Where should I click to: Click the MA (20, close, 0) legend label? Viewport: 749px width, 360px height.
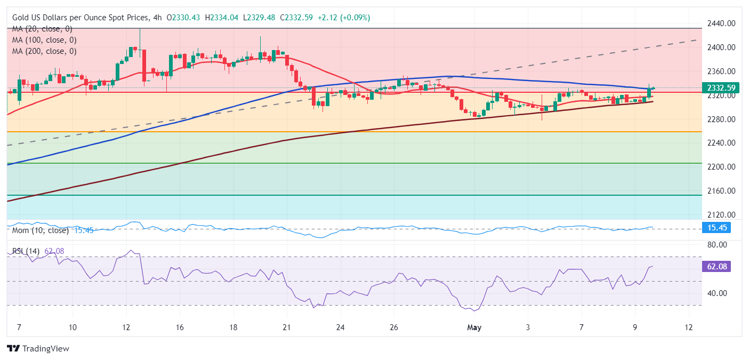(42, 29)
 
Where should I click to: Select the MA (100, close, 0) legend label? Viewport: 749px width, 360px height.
(44, 40)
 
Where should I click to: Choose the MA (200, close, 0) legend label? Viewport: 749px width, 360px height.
(44, 51)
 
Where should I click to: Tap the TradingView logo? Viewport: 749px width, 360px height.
(38, 349)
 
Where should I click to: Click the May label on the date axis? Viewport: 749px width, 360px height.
(474, 327)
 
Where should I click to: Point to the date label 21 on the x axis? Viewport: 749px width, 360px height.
(286, 327)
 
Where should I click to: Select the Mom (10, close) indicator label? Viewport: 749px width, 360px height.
(41, 230)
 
